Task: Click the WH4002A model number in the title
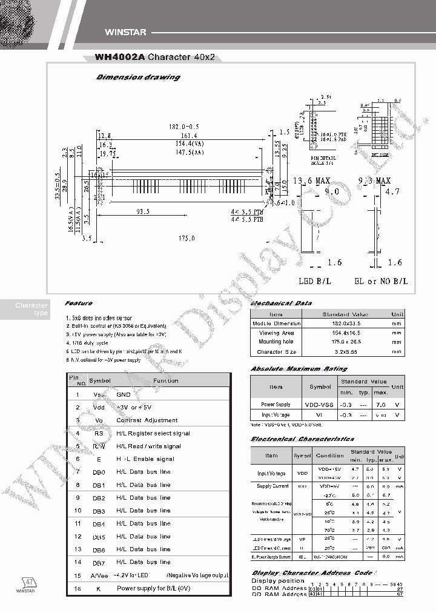click(x=120, y=59)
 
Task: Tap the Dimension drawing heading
click(x=138, y=78)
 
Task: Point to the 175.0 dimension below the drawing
click(x=185, y=239)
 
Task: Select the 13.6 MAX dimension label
click(x=311, y=181)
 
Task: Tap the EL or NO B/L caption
click(x=381, y=281)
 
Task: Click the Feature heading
click(x=79, y=303)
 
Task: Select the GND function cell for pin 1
click(x=124, y=394)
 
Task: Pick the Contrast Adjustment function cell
click(x=147, y=420)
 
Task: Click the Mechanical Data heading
click(x=281, y=303)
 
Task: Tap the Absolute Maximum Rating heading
click(x=299, y=368)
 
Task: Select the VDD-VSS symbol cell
click(x=320, y=404)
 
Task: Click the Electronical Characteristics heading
click(x=302, y=439)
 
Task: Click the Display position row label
click(x=277, y=581)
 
